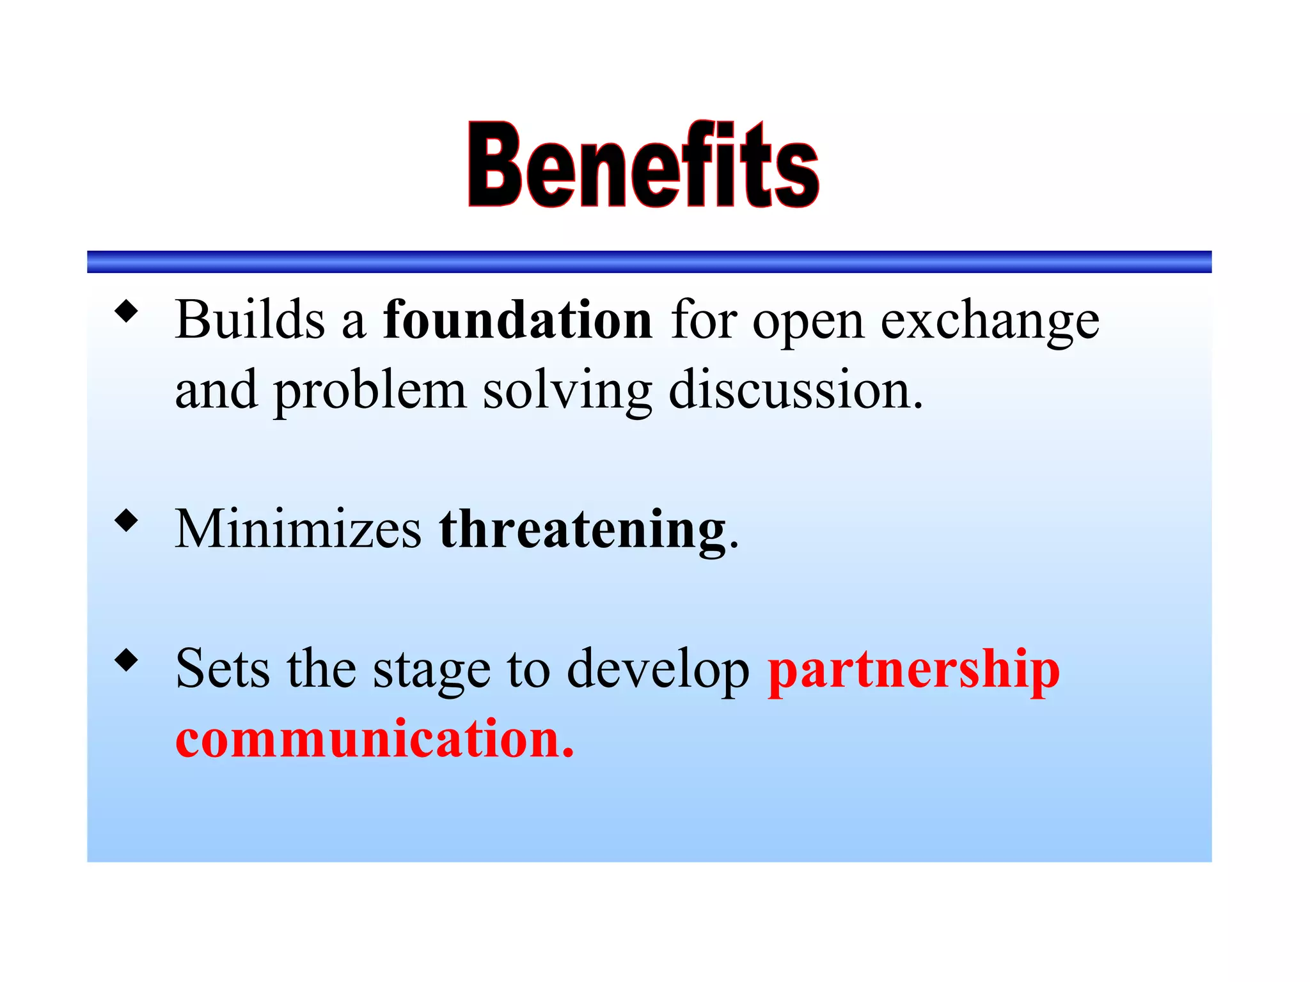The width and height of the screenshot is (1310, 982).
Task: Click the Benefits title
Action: click(x=643, y=165)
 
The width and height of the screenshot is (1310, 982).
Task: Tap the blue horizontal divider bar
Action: click(x=649, y=262)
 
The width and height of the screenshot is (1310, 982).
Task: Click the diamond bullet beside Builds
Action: click(x=127, y=311)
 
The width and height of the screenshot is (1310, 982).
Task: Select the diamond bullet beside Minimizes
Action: click(x=127, y=520)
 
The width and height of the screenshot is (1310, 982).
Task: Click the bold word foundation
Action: click(x=517, y=320)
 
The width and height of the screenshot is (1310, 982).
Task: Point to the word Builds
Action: click(x=250, y=320)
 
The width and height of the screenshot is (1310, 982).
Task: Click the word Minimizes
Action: click(x=298, y=529)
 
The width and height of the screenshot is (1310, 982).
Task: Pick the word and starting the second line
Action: click(x=216, y=389)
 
